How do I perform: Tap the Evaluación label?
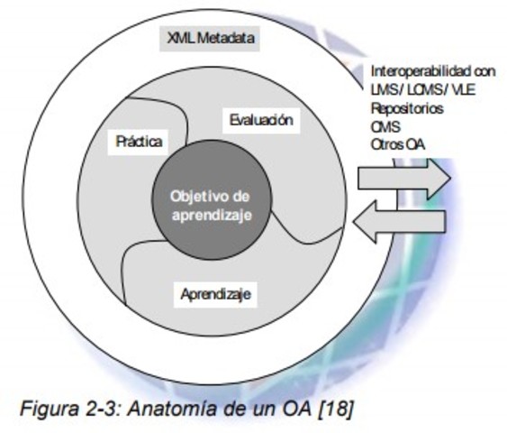pos(260,120)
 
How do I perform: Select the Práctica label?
pos(140,141)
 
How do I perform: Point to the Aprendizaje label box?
pos(216,294)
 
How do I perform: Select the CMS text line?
pos(385,126)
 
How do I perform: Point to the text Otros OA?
pos(398,144)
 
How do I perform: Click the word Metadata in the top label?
pos(224,39)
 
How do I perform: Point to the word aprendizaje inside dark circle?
pos(210,216)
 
